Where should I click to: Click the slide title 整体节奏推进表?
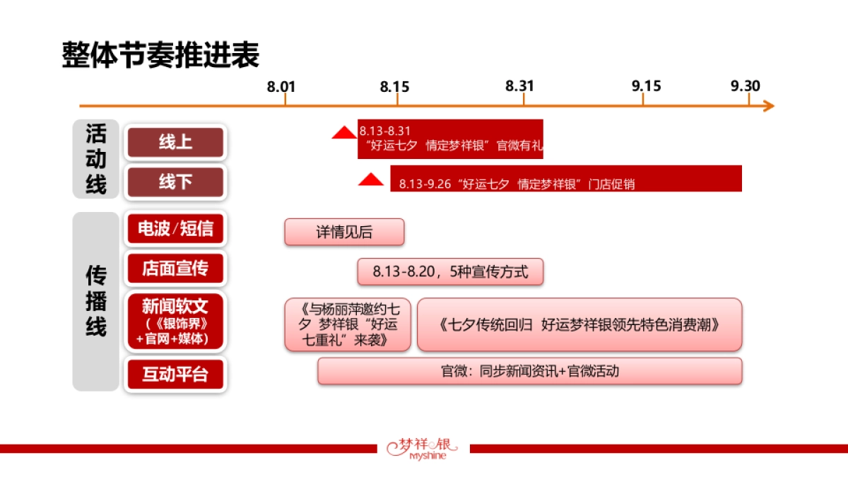[160, 55]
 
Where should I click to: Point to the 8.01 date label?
[281, 86]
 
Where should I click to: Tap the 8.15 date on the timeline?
[394, 86]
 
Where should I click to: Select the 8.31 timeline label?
[520, 86]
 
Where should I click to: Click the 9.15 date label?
[647, 86]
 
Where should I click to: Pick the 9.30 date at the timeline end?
[746, 86]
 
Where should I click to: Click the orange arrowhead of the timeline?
[769, 106]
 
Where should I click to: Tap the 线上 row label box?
[175, 143]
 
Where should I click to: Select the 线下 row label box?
[175, 182]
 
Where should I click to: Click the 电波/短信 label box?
[175, 229]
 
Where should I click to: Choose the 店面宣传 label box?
[175, 269]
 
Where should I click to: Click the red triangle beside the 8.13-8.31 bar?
[344, 133]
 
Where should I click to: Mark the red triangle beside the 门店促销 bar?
[370, 179]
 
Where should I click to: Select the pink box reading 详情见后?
[344, 232]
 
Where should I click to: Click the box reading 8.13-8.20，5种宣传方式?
[450, 272]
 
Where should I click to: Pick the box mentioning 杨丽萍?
[348, 324]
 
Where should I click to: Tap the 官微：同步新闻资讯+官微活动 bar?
[530, 371]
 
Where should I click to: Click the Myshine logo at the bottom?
[423, 448]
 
